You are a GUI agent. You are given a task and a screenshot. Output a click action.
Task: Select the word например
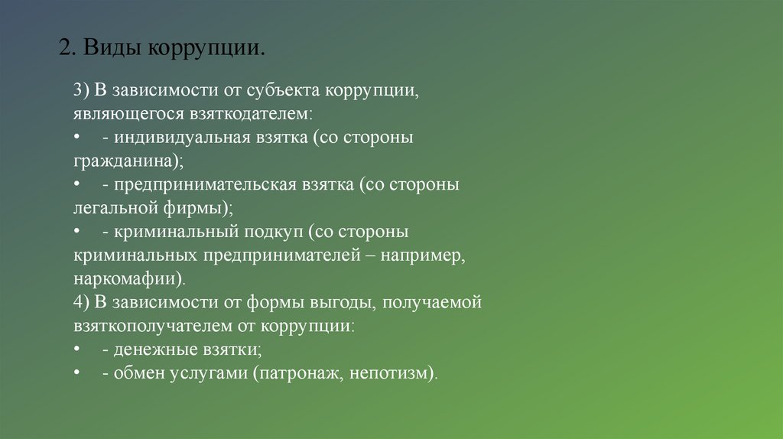(x=424, y=255)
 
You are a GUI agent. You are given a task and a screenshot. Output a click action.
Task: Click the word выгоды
(x=345, y=302)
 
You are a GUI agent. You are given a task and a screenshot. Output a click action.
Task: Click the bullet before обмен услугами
(x=78, y=373)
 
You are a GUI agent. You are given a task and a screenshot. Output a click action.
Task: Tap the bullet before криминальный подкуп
(x=78, y=232)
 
